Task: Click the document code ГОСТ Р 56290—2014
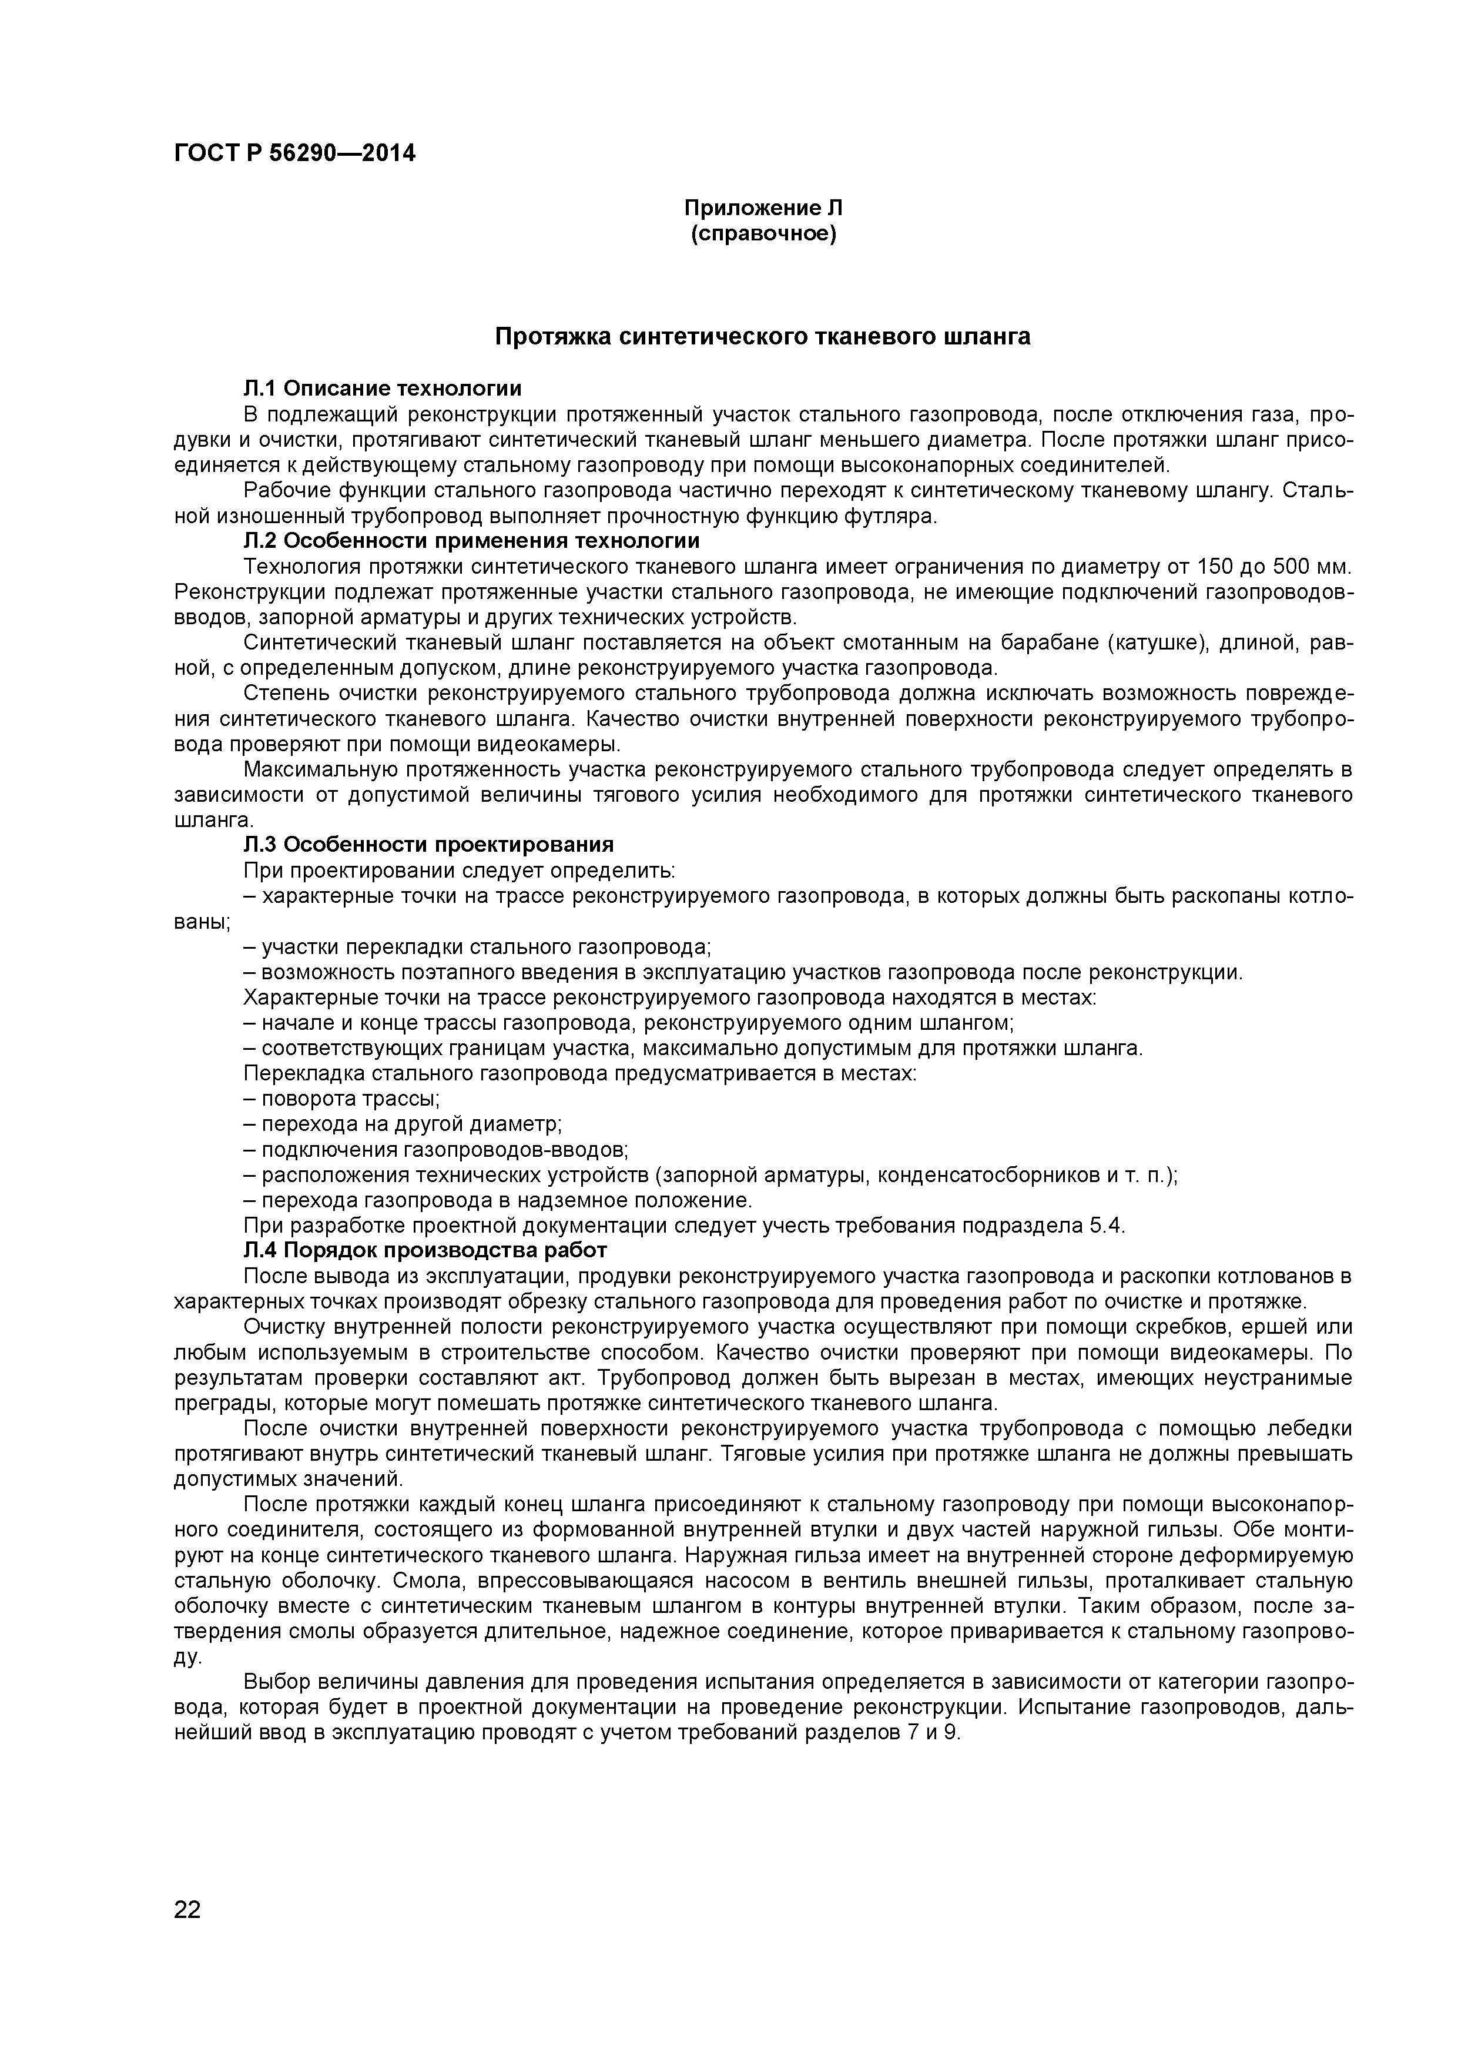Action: pos(294,153)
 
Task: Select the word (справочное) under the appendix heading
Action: pos(763,235)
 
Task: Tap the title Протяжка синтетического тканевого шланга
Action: pos(763,337)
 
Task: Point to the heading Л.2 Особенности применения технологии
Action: pos(471,541)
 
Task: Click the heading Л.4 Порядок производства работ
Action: pos(425,1250)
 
